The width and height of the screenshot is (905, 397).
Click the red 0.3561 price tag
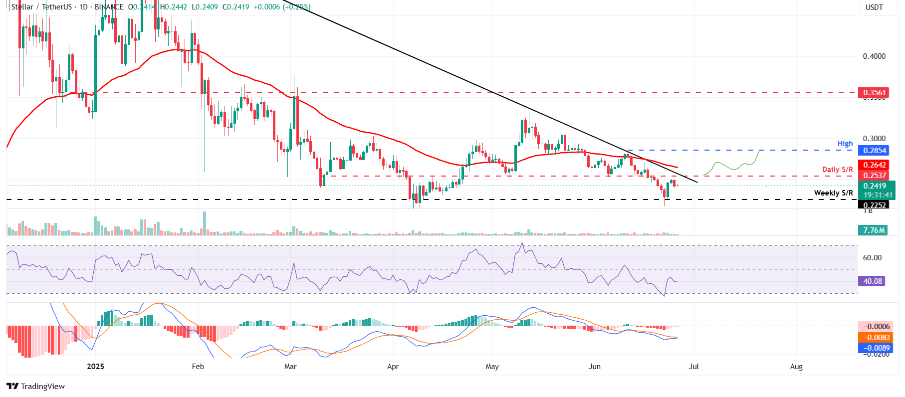[x=875, y=92]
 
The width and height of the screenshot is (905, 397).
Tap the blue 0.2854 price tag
[x=875, y=150]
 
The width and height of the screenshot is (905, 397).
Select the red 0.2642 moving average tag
[x=875, y=165]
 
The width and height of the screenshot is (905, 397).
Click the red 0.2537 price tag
[x=875, y=175]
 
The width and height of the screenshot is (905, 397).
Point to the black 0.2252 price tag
[x=875, y=205]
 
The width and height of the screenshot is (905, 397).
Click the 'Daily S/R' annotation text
[x=837, y=170]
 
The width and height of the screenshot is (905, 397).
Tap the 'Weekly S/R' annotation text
[x=833, y=193]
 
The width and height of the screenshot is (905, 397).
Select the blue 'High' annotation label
[x=845, y=144]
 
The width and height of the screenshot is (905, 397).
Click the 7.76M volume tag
[x=874, y=230]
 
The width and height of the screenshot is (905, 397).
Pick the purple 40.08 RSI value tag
[x=873, y=281]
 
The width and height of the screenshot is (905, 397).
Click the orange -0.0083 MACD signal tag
[x=877, y=338]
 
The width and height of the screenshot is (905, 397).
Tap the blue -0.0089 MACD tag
[x=877, y=348]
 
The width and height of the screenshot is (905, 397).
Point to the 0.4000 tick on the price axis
[x=874, y=56]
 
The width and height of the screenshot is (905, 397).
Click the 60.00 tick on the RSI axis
[x=872, y=258]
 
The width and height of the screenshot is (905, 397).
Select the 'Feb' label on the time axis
[x=198, y=367]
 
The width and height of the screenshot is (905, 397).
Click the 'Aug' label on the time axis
[x=796, y=367]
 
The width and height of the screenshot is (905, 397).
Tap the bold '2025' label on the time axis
[x=95, y=367]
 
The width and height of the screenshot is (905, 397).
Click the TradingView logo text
[x=42, y=387]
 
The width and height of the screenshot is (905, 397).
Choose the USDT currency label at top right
[x=874, y=7]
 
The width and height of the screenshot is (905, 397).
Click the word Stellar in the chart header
[x=22, y=7]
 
